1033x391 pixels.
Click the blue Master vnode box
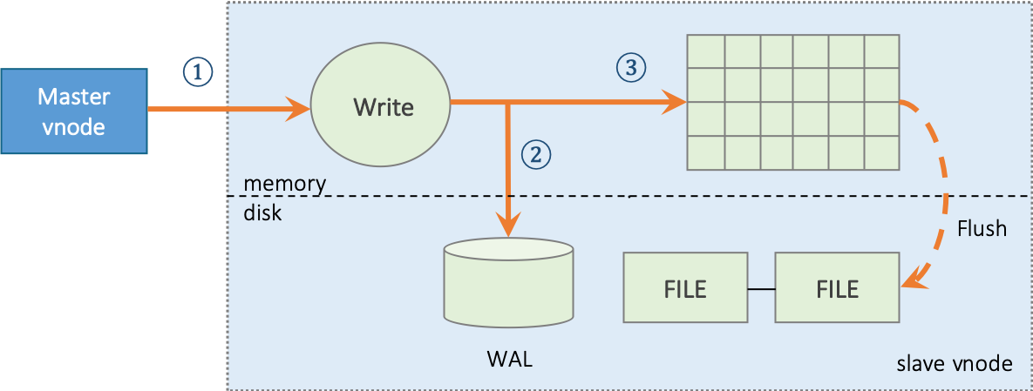[73, 111]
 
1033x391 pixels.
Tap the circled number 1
[197, 71]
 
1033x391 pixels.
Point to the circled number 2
[535, 154]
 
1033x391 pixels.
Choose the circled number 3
[631, 65]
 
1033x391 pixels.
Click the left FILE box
[685, 288]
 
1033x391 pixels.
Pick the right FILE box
[837, 288]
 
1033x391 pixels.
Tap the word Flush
[982, 229]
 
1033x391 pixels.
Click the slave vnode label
[954, 364]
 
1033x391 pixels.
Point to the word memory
[284, 184]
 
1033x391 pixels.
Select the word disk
[262, 212]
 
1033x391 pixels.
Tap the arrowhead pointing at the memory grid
[676, 104]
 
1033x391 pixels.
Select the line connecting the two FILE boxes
[761, 288]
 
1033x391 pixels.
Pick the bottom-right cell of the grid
[881, 152]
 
